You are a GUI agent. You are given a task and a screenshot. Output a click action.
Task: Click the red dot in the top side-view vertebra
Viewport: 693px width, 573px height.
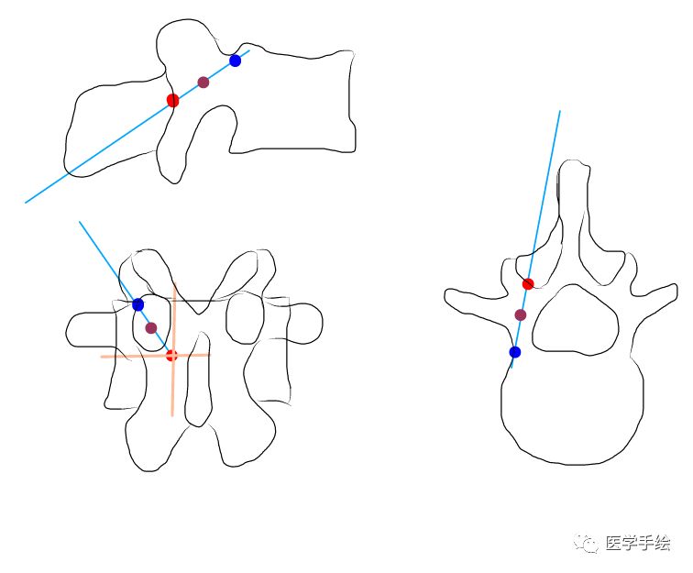pyautogui.click(x=172, y=100)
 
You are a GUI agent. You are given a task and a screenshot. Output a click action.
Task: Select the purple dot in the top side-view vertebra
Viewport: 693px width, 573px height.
pyautogui.click(x=203, y=83)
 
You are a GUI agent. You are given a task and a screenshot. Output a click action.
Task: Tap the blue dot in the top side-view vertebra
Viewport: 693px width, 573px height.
pyautogui.click(x=236, y=61)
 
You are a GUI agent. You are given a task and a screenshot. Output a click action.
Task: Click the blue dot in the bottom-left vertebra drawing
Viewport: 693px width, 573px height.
pyautogui.click(x=137, y=304)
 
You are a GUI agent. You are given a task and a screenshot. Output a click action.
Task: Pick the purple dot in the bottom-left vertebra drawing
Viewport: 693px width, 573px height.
pyautogui.click(x=151, y=327)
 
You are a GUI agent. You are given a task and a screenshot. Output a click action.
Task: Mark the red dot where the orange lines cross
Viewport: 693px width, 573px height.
pyautogui.click(x=171, y=356)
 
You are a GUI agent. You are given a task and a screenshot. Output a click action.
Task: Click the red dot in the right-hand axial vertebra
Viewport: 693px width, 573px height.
pyautogui.click(x=528, y=284)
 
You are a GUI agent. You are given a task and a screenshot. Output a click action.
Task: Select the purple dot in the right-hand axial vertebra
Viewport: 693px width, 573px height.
pyautogui.click(x=521, y=314)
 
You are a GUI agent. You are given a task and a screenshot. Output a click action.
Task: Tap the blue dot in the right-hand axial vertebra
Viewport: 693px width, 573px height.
pyautogui.click(x=514, y=352)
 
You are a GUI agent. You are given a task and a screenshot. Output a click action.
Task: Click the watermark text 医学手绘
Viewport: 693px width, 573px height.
pyautogui.click(x=638, y=544)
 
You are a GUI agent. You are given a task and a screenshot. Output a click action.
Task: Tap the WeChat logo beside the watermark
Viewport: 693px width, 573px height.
pyautogui.click(x=588, y=544)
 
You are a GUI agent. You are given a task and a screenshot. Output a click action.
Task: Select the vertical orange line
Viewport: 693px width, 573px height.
pyautogui.click(x=173, y=394)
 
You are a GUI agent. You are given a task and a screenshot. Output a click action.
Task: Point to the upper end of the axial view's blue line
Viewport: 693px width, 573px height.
pyautogui.click(x=559, y=112)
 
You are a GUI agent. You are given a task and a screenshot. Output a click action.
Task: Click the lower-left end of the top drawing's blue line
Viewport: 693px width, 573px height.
pyautogui.click(x=27, y=202)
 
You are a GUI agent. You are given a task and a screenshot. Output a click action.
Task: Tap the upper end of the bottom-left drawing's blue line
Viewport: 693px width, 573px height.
pyautogui.click(x=80, y=222)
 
